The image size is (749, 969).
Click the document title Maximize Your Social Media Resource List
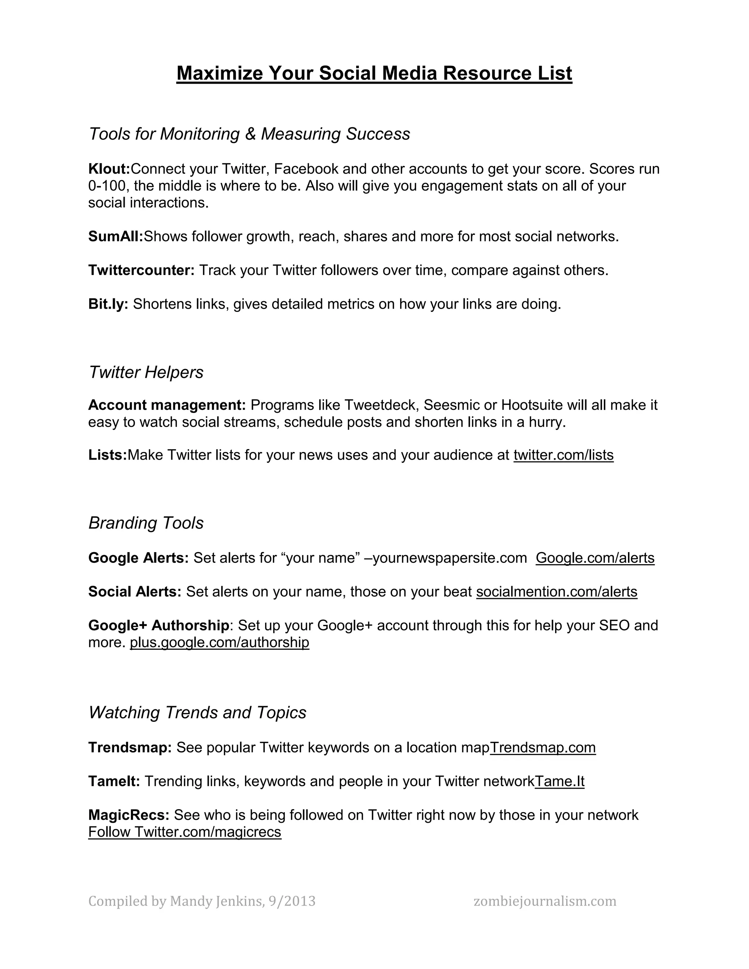pos(374,73)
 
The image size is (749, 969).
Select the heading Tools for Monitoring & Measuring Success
pos(249,134)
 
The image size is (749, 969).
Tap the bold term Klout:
pos(109,169)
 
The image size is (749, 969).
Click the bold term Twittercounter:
pos(141,270)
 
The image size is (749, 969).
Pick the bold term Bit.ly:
pos(108,304)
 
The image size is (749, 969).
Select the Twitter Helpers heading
pos(146,372)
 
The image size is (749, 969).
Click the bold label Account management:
pos(167,405)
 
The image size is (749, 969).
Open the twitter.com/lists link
pos(564,455)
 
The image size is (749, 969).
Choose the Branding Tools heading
pos(146,523)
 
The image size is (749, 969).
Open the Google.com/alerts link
pos(595,558)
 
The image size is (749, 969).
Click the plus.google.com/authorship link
pos(219,642)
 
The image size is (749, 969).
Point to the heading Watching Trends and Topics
pos(197,713)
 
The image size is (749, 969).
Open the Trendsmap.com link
pos(543,748)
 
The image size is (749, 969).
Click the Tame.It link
pos(560,781)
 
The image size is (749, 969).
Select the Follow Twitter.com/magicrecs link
pos(185,832)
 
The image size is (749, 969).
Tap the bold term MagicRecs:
pos(129,815)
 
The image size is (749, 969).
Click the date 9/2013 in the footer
pos(292,901)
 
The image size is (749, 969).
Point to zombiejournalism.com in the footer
pos(545,901)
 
